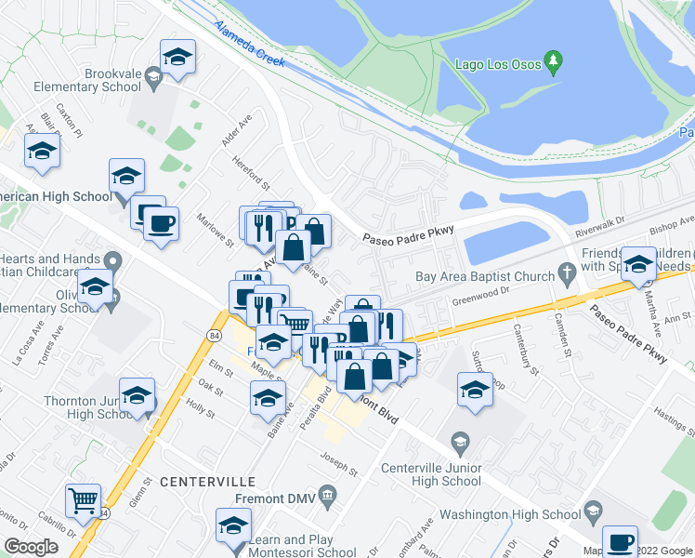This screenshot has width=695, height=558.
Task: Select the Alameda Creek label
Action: point(248,43)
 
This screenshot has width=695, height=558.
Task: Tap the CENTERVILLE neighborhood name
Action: point(207,482)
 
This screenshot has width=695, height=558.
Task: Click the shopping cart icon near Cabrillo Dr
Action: point(84,501)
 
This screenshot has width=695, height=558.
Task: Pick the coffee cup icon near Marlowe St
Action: point(161,224)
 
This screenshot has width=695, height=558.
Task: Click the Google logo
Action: point(31,547)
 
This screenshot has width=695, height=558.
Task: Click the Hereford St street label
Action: point(251,171)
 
